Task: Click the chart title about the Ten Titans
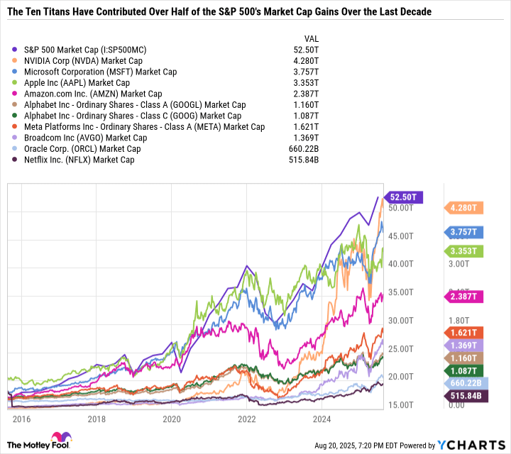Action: click(219, 13)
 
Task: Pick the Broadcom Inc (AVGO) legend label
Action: click(85, 138)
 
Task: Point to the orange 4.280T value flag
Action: click(466, 208)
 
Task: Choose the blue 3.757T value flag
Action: click(466, 231)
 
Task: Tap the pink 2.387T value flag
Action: click(466, 296)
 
